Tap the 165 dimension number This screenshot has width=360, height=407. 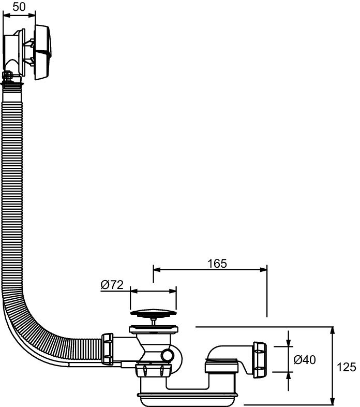coord(218,263)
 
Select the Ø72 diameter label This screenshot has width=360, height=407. coord(111,285)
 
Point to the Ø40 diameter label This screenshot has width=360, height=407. coord(305,359)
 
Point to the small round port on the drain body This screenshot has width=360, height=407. coord(167,355)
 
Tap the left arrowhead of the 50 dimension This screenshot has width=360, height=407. coord(6,14)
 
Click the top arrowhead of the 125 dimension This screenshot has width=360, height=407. coord(332,330)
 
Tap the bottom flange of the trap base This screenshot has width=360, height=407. coord(188,398)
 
